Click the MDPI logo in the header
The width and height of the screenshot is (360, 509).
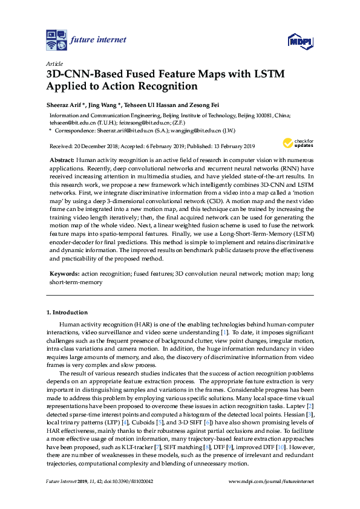299,41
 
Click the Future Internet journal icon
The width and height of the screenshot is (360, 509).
56,40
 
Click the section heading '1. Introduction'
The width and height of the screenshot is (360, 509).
67,313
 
